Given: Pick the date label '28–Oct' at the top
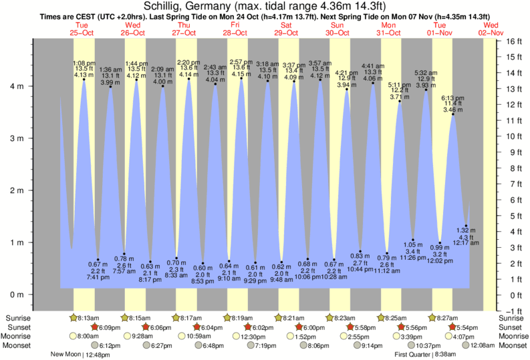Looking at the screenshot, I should tap(236, 32).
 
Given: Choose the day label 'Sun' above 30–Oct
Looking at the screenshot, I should tap(338, 25).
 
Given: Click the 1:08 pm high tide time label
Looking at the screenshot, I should tap(84, 62).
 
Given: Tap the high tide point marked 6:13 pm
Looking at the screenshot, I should tap(453, 114).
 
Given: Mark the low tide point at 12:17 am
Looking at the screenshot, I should tap(466, 226).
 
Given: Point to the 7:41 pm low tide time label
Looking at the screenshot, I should tap(98, 278).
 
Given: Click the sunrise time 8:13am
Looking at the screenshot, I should tap(88, 318).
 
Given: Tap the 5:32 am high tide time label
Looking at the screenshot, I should tap(426, 73).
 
